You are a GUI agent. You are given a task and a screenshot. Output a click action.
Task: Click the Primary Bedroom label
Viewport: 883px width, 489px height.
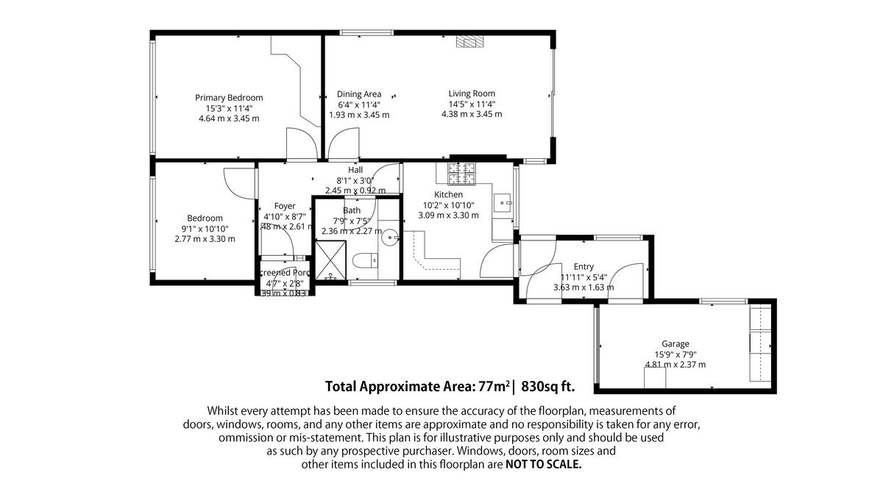(229, 98)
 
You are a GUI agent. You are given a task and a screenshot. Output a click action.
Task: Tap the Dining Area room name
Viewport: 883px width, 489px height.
(359, 94)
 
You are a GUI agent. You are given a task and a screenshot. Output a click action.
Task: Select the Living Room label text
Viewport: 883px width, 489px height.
(472, 93)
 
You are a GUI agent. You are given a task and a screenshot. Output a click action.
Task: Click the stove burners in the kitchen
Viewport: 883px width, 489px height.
(461, 174)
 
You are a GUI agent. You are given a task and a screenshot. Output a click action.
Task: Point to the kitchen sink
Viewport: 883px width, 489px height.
(503, 202)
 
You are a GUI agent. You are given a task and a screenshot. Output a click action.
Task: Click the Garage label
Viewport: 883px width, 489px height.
(675, 344)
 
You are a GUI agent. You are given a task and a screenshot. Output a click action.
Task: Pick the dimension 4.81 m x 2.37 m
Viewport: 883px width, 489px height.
(675, 365)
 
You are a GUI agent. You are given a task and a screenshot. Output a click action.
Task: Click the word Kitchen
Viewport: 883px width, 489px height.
(448, 195)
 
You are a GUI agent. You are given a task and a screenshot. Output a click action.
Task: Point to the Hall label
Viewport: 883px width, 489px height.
(355, 170)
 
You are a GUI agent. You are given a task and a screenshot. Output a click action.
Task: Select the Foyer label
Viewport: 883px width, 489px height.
(285, 206)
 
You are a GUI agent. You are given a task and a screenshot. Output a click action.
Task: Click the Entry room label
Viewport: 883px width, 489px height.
(584, 267)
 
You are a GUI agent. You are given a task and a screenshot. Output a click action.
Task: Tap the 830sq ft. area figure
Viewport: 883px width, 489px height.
(547, 386)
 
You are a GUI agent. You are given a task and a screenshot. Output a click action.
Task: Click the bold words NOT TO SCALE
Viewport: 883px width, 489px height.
(543, 465)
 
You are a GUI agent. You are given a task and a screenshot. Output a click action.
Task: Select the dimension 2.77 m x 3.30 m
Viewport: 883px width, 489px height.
(205, 239)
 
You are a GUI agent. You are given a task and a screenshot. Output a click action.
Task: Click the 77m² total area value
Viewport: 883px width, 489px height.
(494, 386)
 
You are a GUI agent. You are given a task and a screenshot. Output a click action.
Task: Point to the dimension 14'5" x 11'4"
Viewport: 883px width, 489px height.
(472, 104)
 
